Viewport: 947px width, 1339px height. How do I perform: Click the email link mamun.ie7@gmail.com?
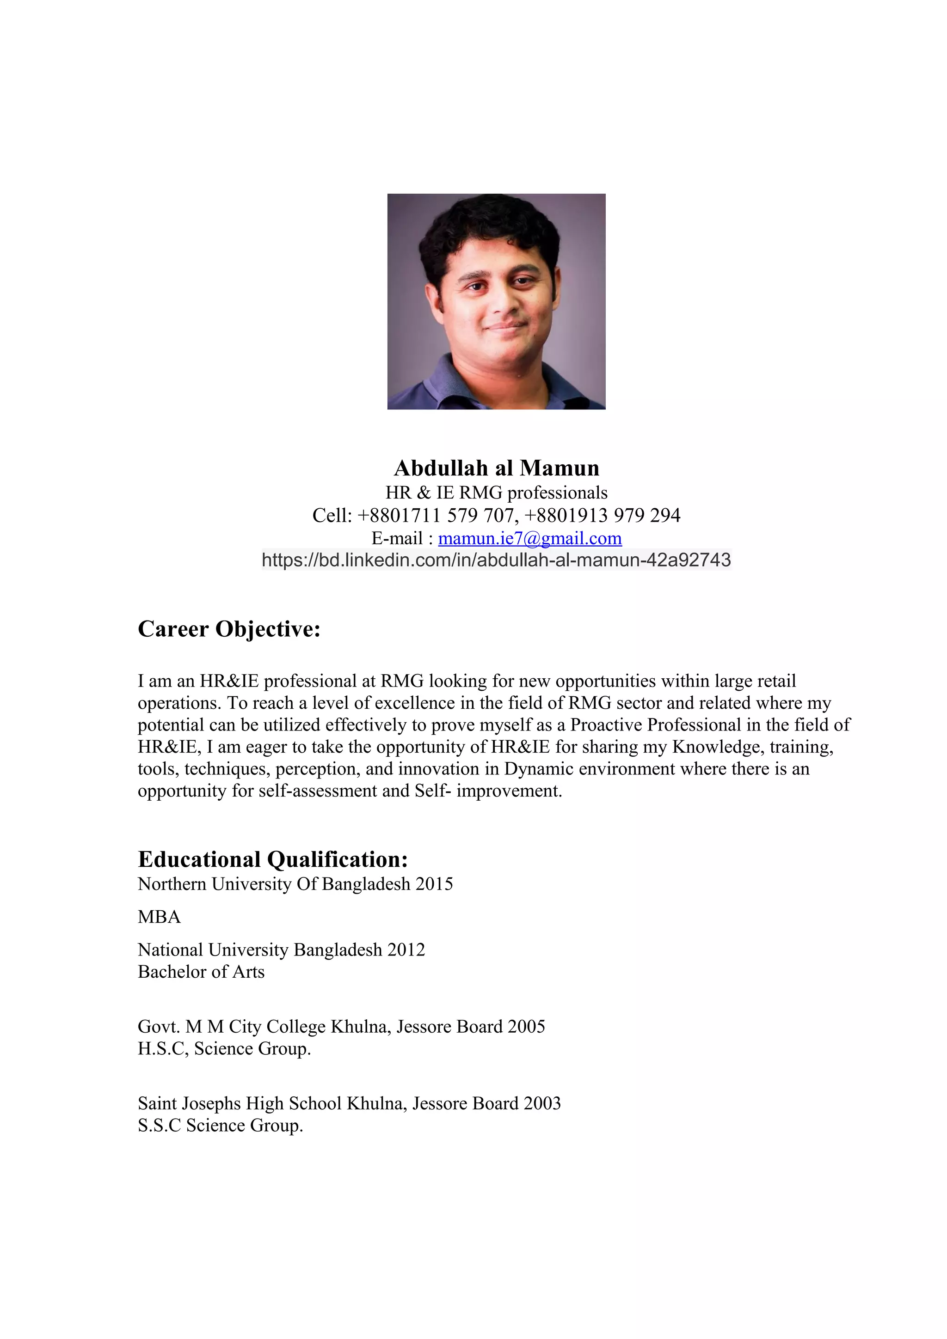tap(529, 538)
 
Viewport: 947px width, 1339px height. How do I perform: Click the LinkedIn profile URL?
tap(496, 560)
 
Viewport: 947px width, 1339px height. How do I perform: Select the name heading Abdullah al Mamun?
tap(497, 468)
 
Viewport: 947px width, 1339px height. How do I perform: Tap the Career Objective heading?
tap(229, 629)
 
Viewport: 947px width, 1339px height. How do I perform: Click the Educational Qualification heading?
tap(272, 859)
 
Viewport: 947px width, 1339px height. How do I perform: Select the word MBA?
tap(159, 917)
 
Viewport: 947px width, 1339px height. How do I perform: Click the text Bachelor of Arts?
tap(201, 972)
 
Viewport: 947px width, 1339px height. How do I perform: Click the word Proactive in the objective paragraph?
tap(606, 725)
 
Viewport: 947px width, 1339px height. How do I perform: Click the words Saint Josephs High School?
tap(240, 1103)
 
